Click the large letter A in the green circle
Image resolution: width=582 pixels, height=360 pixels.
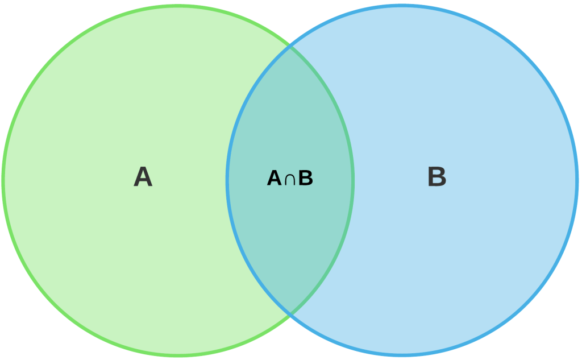coord(143,176)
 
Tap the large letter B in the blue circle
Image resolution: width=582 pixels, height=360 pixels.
coord(437,176)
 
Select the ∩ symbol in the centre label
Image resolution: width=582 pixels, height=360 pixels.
coord(290,179)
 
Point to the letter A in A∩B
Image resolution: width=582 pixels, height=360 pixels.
coord(275,178)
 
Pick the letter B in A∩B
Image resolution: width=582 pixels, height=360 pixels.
coord(305,178)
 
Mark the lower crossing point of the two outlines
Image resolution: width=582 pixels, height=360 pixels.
coord(290,315)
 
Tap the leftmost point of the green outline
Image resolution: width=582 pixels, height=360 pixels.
coord(3,181)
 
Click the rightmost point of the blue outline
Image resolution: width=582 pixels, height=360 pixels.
coord(577,181)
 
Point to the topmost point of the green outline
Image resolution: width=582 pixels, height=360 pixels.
coord(178,6)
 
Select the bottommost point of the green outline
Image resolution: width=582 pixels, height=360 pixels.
coord(178,355)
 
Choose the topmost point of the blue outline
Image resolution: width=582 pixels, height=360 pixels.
coord(402,6)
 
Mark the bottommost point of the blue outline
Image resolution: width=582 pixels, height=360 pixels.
coord(402,355)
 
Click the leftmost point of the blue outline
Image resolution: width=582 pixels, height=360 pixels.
coord(227,181)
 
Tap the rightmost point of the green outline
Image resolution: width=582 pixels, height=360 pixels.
coord(354,181)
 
